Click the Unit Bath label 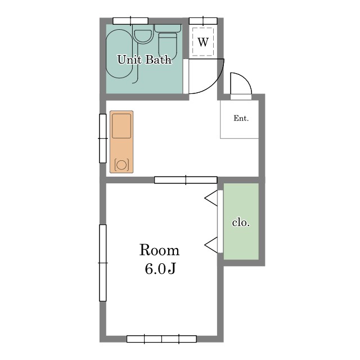(144, 60)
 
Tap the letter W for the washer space (203, 42)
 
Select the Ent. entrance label (241, 118)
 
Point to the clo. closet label (241, 223)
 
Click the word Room (159, 250)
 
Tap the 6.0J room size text (160, 268)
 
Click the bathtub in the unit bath (119, 53)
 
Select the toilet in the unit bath (168, 43)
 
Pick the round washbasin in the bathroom (143, 36)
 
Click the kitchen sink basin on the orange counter (121, 126)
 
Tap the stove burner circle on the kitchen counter (121, 165)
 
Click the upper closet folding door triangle (211, 198)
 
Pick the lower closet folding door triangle (211, 245)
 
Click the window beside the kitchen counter (102, 138)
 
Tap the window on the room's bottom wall (161, 339)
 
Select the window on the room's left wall (102, 263)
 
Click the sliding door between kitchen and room (186, 180)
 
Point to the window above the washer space (203, 21)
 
